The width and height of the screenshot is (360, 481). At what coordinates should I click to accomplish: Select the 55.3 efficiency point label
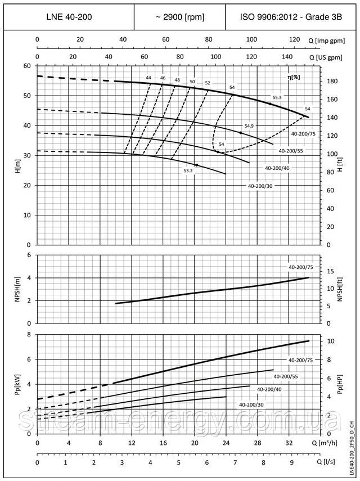pyautogui.click(x=277, y=98)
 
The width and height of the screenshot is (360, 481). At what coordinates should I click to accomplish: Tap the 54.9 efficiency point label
pyautogui.click(x=250, y=126)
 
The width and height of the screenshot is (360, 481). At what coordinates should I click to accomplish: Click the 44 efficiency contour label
pyautogui.click(x=148, y=78)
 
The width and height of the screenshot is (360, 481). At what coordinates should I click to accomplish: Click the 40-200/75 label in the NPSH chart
pyautogui.click(x=300, y=267)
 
